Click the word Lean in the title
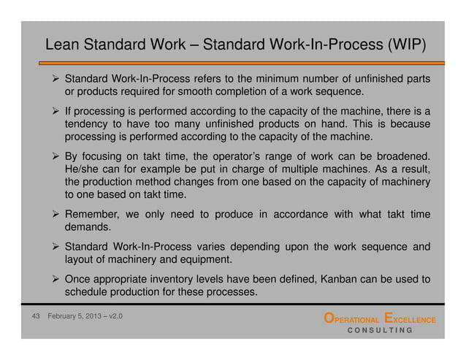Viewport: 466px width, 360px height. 62,45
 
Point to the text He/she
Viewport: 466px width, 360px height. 83,169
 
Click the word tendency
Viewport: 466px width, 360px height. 88,124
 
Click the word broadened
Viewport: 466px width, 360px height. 402,156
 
